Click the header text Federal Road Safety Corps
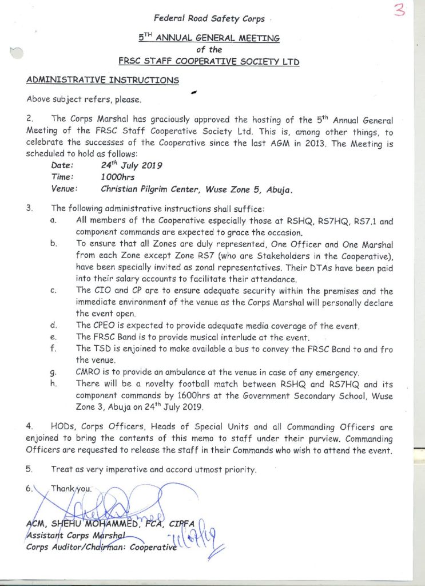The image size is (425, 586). (209, 19)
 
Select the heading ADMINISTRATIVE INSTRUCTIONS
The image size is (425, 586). (103, 80)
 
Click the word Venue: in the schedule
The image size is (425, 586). (65, 188)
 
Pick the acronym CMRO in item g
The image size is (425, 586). (90, 373)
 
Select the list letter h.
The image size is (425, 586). (54, 385)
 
